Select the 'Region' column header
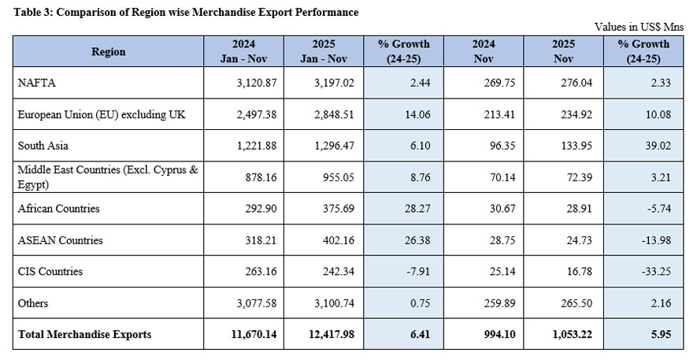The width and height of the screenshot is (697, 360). coord(108,51)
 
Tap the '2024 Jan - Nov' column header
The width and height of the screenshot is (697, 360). coord(243,51)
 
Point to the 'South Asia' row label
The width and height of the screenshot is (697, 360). coord(42,146)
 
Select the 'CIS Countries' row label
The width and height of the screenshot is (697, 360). coord(50,272)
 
